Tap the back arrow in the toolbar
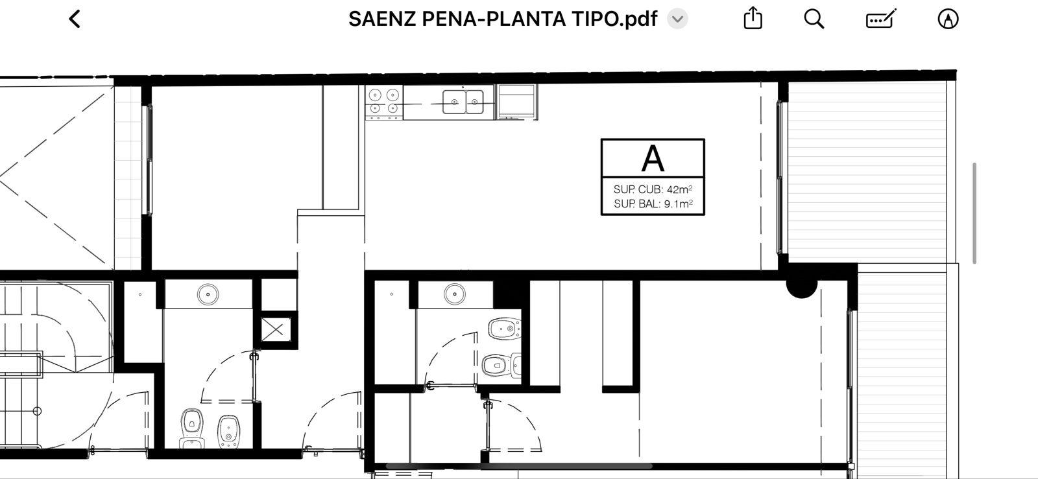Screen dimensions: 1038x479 [x=75, y=19]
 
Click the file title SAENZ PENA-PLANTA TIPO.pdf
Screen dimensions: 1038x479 [x=503, y=19]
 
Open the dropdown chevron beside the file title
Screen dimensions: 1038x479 [x=677, y=19]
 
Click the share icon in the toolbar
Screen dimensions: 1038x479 [x=753, y=19]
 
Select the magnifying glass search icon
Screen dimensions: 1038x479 [x=814, y=19]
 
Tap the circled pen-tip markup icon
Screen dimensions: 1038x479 [x=948, y=19]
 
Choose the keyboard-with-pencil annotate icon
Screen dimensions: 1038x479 [x=881, y=19]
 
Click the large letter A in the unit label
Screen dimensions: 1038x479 [x=653, y=159]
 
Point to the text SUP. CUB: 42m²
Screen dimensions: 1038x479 [x=653, y=189]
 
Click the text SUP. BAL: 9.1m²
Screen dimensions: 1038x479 [x=653, y=204]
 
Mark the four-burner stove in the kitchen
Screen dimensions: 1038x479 [x=383, y=102]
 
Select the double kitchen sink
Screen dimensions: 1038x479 [x=463, y=102]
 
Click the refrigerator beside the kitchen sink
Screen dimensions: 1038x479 [x=517, y=102]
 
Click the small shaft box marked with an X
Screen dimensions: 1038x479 [x=275, y=329]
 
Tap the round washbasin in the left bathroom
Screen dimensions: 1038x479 [x=208, y=294]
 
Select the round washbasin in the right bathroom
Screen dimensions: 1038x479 [x=455, y=294]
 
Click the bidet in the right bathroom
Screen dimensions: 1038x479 [x=505, y=328]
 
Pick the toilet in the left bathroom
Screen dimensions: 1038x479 [x=192, y=428]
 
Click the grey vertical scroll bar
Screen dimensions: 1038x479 [x=974, y=213]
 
